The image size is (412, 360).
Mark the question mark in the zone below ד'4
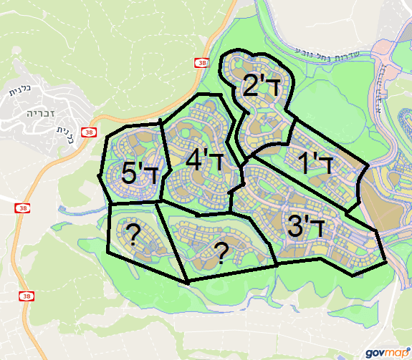[222, 252]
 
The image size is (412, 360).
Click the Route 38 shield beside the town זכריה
[88, 132]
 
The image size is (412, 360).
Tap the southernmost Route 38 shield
[27, 296]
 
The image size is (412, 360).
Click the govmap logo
[385, 351]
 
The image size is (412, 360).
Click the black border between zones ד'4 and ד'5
[166, 165]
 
